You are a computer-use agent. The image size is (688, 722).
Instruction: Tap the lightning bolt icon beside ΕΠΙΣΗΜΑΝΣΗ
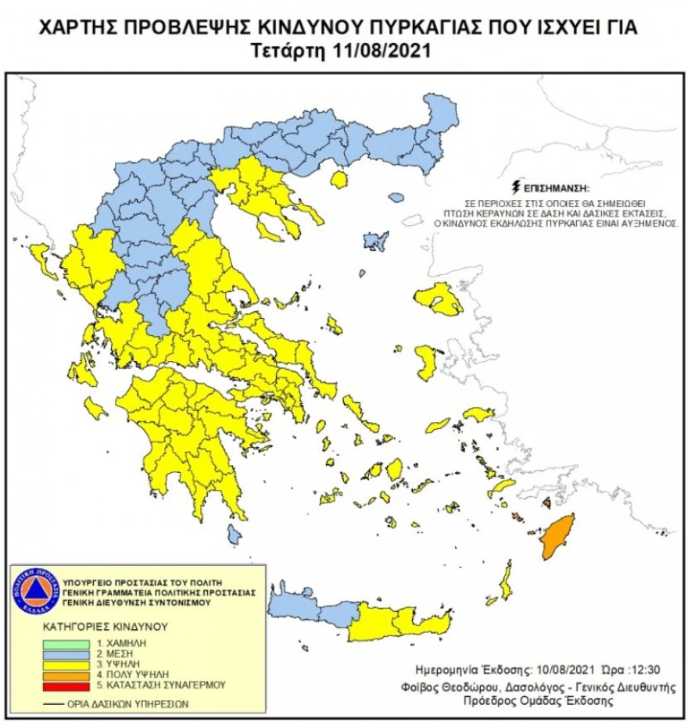(x=514, y=188)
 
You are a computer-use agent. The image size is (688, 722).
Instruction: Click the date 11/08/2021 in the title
(x=387, y=51)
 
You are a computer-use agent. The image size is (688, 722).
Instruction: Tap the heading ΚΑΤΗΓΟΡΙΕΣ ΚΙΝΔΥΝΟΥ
(x=105, y=627)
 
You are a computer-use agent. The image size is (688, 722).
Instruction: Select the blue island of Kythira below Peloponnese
(x=233, y=535)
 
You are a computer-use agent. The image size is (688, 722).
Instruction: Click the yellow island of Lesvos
(x=439, y=298)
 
